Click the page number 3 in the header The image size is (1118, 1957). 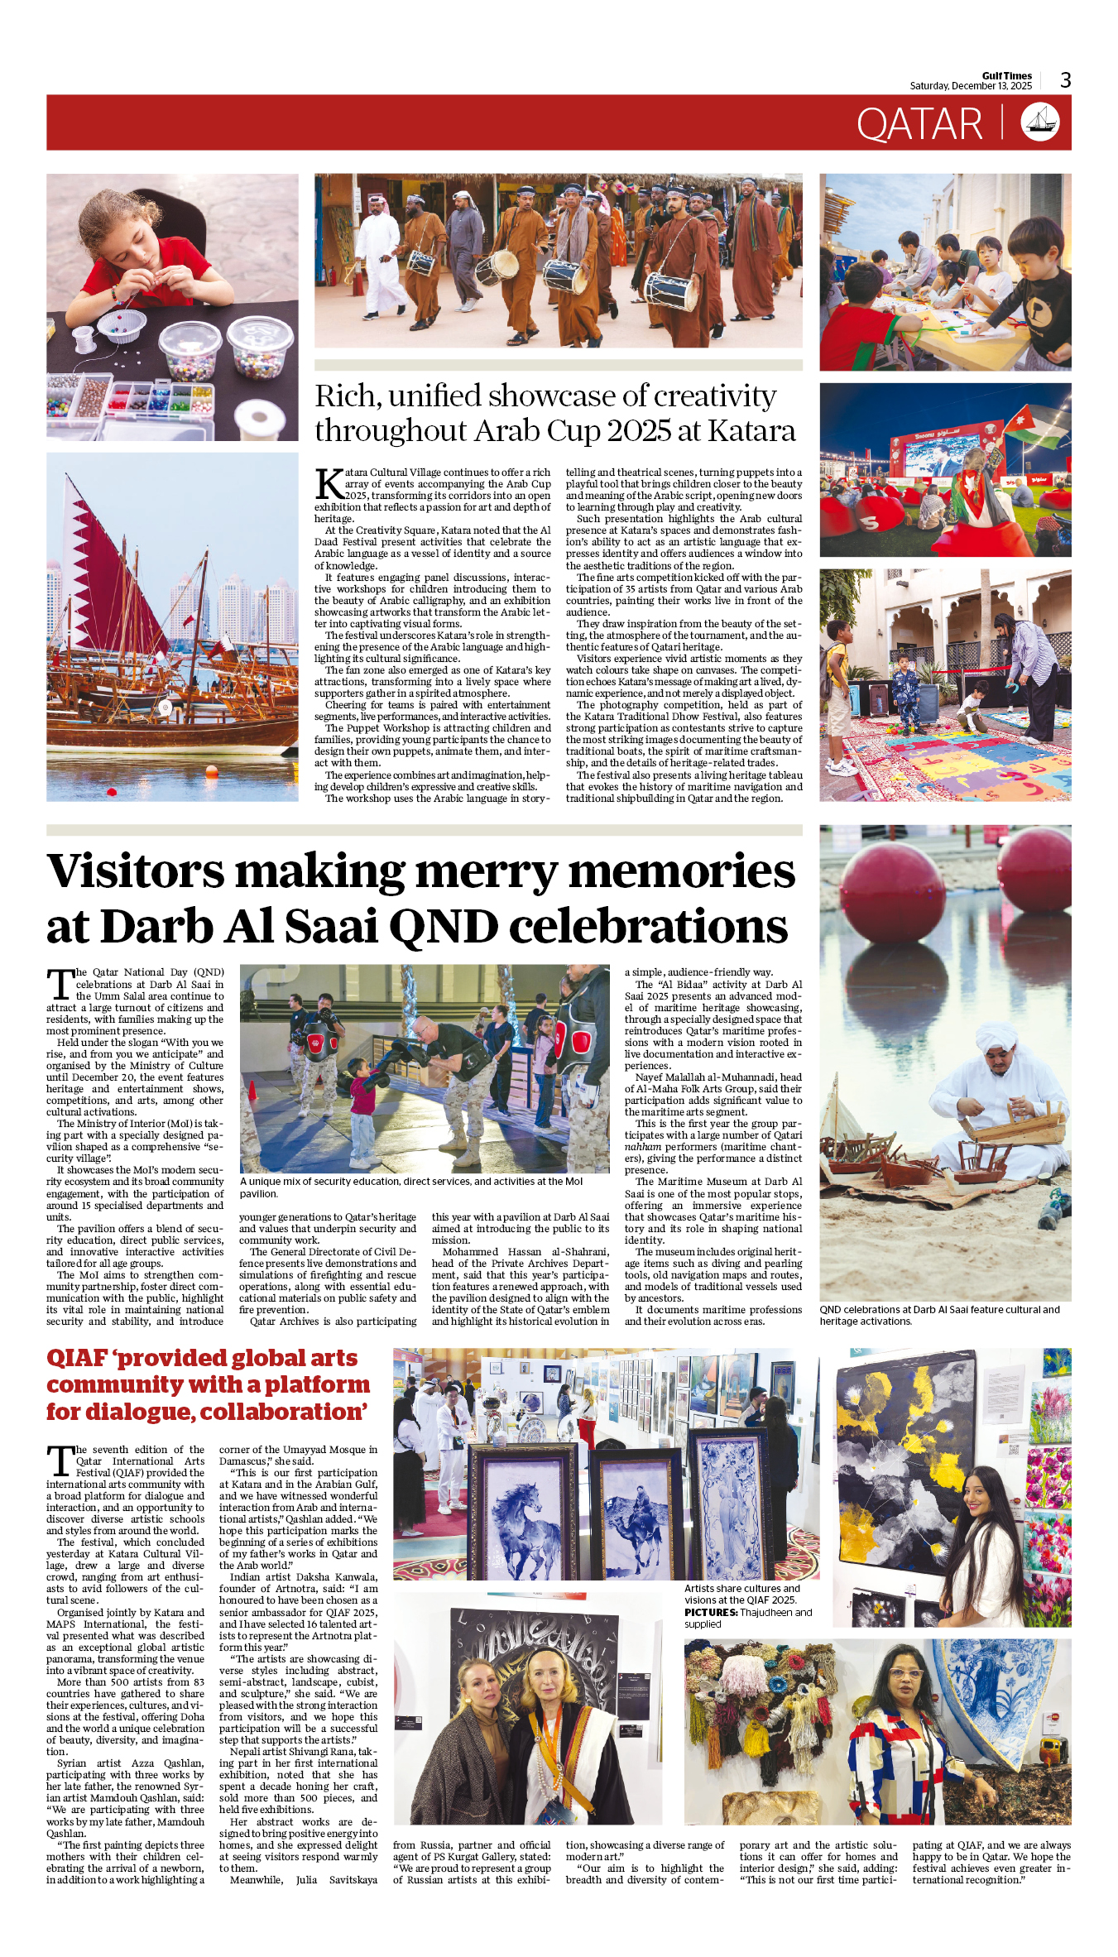click(x=1065, y=80)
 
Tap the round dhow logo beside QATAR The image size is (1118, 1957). click(x=1039, y=122)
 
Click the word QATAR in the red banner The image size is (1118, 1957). click(x=919, y=125)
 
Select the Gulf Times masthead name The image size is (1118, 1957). click(x=1006, y=76)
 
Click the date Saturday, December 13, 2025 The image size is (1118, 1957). click(x=970, y=86)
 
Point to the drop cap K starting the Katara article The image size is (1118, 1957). click(x=329, y=484)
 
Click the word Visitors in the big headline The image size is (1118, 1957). click(x=135, y=872)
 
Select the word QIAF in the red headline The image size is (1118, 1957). click(x=77, y=1359)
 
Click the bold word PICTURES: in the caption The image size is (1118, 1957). click(x=711, y=1612)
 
